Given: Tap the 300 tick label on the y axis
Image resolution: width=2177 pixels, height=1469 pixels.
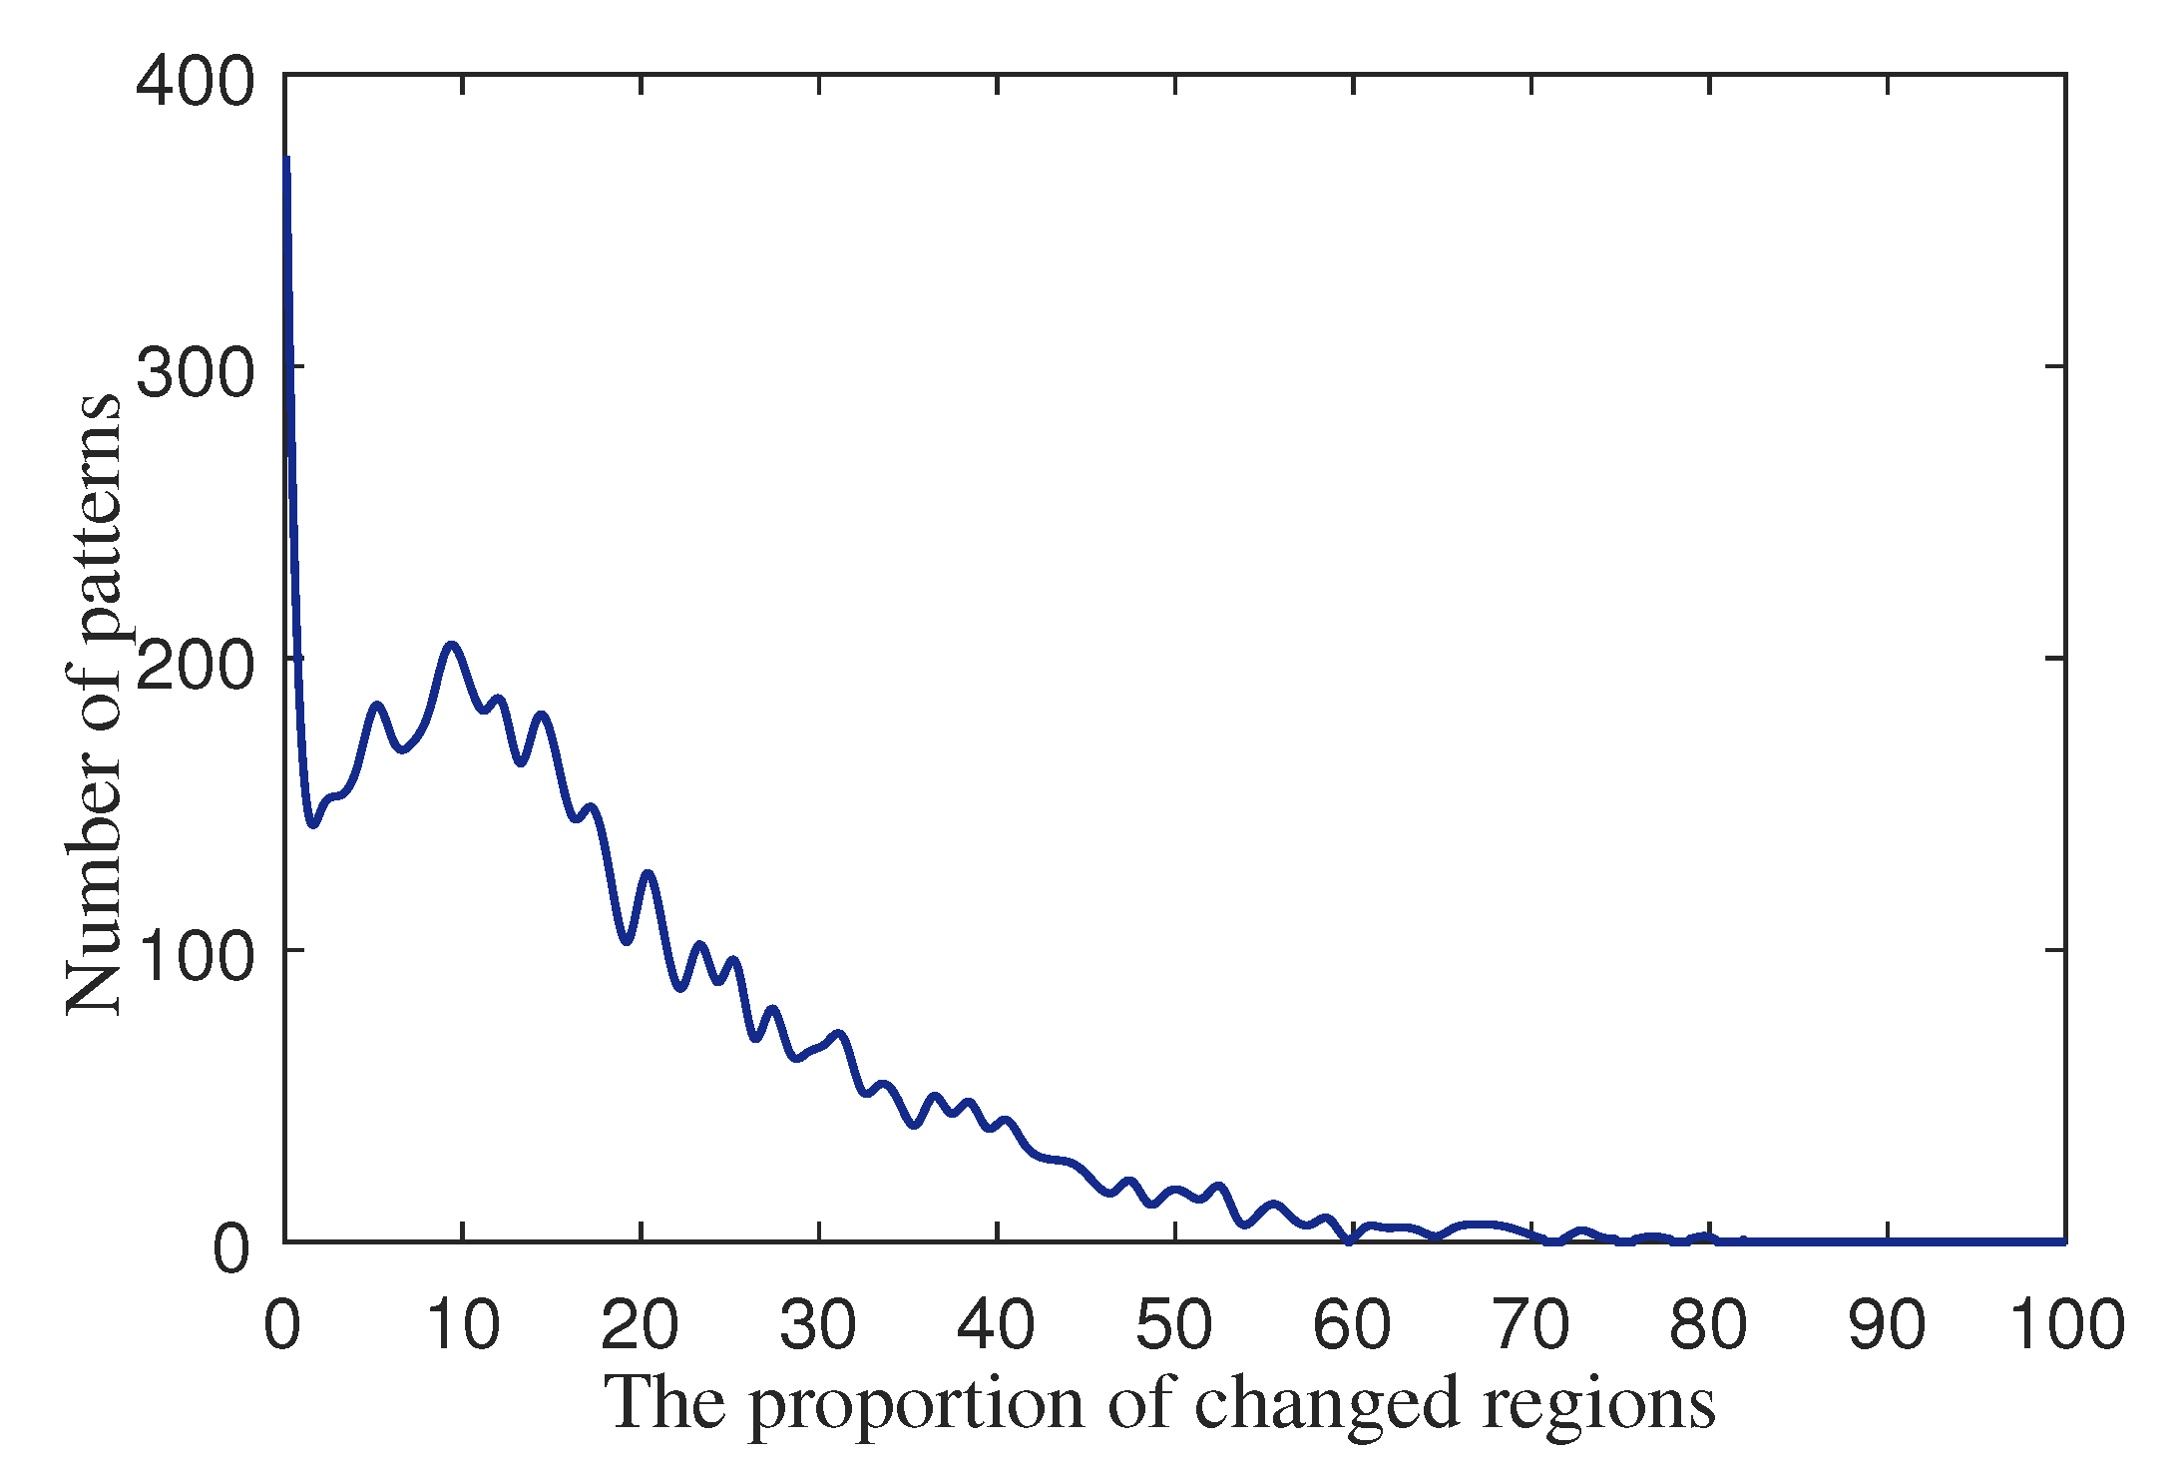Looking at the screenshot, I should point(195,374).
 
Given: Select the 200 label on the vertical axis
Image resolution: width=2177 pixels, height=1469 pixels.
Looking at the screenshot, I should point(195,667).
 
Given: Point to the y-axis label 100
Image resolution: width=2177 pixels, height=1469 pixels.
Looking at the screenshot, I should point(195,958).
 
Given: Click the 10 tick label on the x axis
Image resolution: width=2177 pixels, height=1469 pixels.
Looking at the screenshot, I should point(462,1326).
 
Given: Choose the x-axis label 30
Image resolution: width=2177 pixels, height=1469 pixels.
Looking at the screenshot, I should point(818,1326).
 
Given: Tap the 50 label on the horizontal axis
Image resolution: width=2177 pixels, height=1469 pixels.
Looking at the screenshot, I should point(1174,1326).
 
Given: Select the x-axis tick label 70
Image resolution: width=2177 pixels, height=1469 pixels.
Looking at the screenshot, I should point(1530,1326).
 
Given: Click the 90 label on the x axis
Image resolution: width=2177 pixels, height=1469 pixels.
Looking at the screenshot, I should point(1887,1326).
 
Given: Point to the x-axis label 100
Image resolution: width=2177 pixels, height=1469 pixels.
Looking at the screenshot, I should point(2065,1326).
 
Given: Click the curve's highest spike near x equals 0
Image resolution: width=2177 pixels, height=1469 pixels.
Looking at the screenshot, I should point(287,160).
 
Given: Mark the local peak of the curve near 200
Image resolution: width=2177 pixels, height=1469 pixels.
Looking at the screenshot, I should point(452,646).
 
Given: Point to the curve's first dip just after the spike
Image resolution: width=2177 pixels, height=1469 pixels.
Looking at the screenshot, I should point(313,824).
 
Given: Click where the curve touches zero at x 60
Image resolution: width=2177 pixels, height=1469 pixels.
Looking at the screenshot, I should point(1350,1240).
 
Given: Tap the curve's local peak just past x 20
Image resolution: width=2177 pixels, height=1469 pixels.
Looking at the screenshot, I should point(649,874).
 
